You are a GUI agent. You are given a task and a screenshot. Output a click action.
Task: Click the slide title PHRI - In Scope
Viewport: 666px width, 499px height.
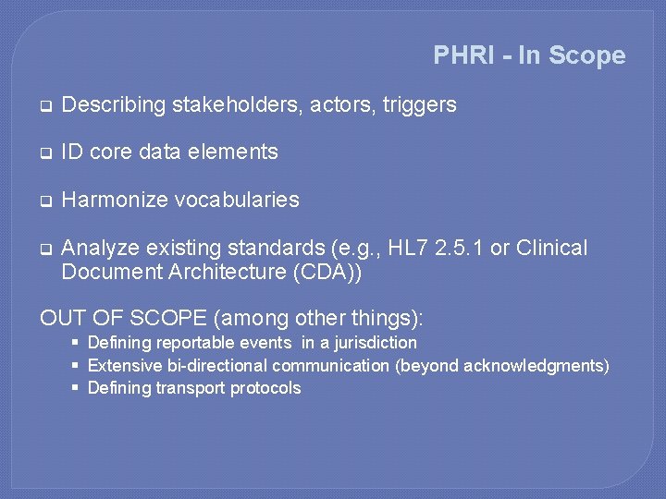click(x=529, y=55)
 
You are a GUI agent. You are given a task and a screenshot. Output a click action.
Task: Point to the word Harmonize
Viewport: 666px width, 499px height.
click(x=108, y=200)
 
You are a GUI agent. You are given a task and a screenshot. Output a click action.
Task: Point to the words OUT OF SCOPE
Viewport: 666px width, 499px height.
click(x=124, y=319)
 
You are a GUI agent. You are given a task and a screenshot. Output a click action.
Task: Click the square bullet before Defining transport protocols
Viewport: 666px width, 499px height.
click(x=75, y=387)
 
